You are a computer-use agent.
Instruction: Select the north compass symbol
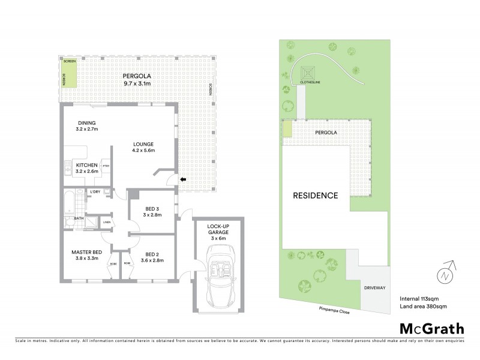[444, 275]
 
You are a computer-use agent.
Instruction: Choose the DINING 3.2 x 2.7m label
[86, 126]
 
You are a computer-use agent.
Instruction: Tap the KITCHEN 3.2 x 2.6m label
[86, 167]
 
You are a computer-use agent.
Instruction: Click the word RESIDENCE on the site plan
[315, 196]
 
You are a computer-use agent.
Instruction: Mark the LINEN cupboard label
[107, 222]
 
